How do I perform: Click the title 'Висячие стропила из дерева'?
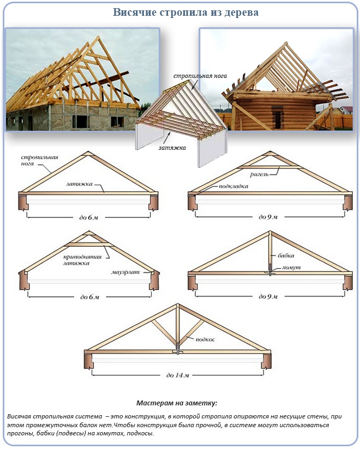[x=185, y=13]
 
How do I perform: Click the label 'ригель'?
[x=259, y=174]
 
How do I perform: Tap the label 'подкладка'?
[x=233, y=186]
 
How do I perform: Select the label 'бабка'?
[x=286, y=255]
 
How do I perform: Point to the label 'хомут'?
[x=291, y=268]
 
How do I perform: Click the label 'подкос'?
[x=205, y=339]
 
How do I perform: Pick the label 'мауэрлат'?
[x=125, y=272]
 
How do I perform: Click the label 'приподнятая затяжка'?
[x=82, y=260]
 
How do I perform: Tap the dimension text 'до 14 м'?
[x=177, y=375]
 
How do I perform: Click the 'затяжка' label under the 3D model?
[x=172, y=148]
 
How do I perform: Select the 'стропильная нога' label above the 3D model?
[x=200, y=76]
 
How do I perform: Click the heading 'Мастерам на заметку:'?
[x=177, y=403]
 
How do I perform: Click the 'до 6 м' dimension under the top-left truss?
[x=88, y=217]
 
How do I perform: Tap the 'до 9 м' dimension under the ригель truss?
[x=268, y=217]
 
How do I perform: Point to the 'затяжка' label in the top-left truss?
[x=80, y=184]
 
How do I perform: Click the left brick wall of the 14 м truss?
[x=88, y=360]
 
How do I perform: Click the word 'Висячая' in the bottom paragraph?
[x=19, y=416]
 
